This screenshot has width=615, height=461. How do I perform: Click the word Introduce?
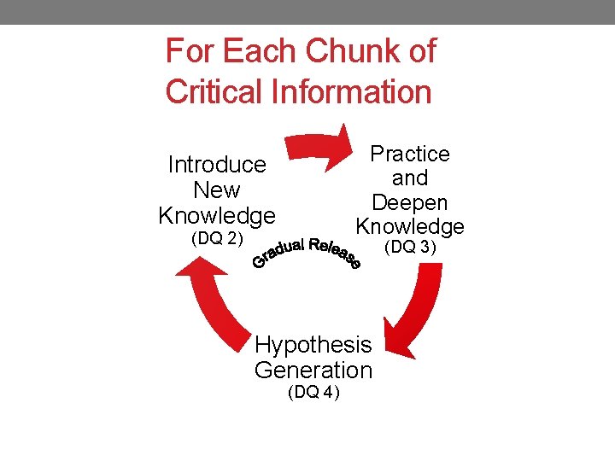[217, 164]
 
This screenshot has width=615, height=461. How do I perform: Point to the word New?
[217, 190]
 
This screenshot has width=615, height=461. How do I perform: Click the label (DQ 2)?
[217, 237]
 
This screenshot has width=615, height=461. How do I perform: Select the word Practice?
[410, 154]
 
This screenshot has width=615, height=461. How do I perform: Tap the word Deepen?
[410, 203]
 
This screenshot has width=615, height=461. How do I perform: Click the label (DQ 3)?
[410, 248]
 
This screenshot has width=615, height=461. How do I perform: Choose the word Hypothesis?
[313, 345]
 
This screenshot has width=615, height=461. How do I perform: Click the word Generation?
[313, 371]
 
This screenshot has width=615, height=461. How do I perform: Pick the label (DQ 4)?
[313, 392]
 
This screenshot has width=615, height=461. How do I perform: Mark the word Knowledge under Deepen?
[410, 227]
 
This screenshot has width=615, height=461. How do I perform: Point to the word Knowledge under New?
[217, 215]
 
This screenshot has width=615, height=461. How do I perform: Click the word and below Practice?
[410, 178]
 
